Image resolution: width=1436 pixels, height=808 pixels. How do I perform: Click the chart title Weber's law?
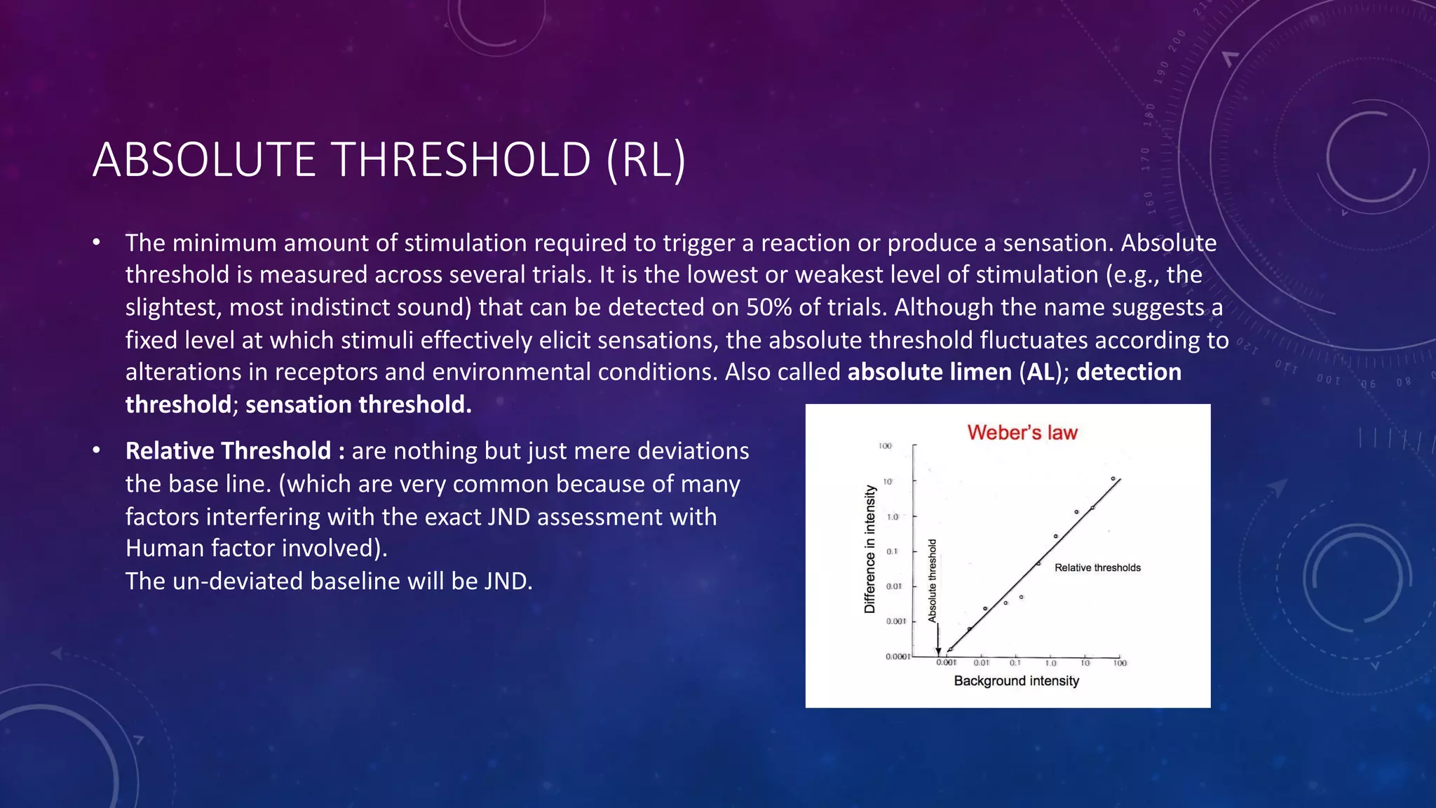coord(1022,433)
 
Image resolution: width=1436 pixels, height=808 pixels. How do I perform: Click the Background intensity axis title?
coord(1016,681)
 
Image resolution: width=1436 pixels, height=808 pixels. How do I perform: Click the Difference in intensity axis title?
coord(870,549)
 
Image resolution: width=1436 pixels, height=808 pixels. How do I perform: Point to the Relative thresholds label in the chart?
coord(1097,568)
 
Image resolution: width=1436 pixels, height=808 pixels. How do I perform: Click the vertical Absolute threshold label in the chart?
coord(933,580)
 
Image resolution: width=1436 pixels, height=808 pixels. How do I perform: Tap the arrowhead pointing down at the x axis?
coord(939,652)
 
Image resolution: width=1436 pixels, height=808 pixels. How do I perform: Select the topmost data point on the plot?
coord(1113,479)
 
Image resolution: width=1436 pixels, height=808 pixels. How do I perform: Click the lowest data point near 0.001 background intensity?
coord(950,649)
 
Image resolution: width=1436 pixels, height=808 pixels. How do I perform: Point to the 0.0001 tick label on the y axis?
coord(897,657)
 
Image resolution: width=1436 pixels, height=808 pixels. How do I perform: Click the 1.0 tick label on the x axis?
coord(1050,663)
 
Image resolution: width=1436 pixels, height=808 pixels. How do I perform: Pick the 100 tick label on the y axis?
coord(885,446)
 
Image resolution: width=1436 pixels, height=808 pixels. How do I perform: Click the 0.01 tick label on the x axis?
coord(981,663)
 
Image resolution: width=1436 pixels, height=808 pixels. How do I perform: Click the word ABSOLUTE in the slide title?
coord(204,160)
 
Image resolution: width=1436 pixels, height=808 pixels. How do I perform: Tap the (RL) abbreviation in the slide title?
coord(645,160)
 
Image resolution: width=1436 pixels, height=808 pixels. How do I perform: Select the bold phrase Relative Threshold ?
coord(234,451)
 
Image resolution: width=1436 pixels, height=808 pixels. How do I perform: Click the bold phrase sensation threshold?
coord(358,405)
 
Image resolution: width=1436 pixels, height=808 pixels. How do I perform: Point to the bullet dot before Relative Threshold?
coord(97,450)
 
